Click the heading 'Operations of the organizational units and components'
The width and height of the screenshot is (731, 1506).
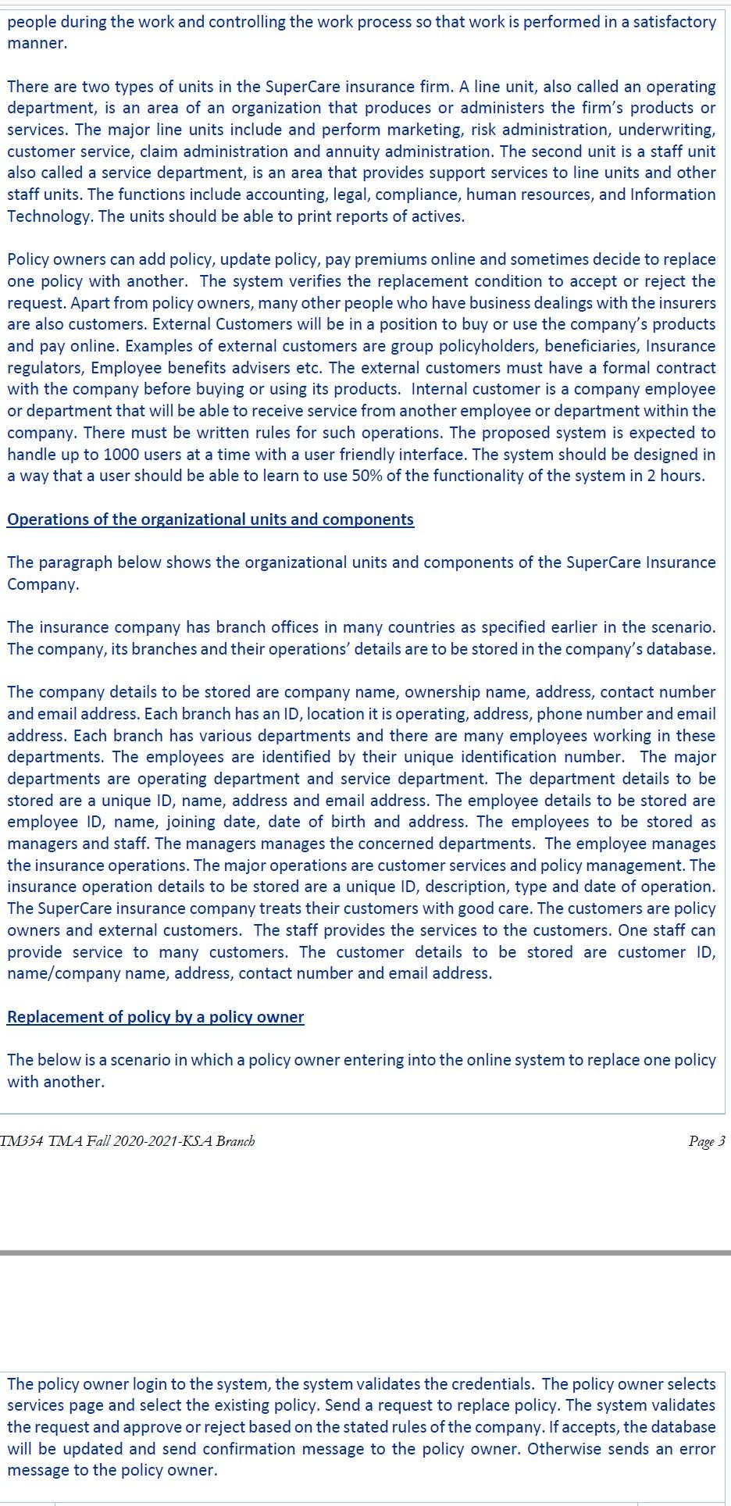pyautogui.click(x=210, y=519)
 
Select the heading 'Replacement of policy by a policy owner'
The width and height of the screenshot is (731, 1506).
pyautogui.click(x=155, y=1016)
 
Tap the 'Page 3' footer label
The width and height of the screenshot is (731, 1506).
pyautogui.click(x=706, y=1141)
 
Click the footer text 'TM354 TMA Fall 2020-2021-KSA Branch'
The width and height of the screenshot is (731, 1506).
pyautogui.click(x=127, y=1141)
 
